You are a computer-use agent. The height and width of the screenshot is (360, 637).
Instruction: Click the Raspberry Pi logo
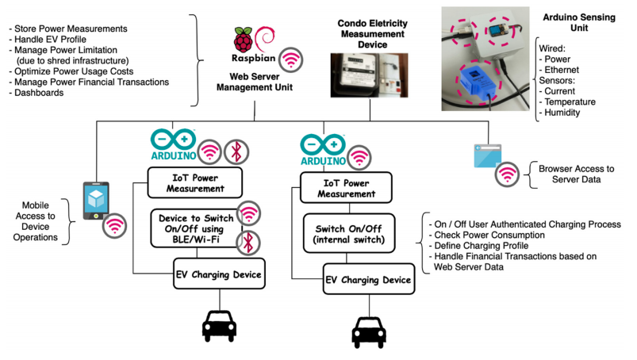coord(243,40)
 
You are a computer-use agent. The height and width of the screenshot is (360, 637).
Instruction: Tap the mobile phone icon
coord(96,201)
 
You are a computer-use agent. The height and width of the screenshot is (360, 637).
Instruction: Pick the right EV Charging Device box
coord(368,280)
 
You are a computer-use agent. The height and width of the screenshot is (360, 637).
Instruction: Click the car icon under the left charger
coord(218,324)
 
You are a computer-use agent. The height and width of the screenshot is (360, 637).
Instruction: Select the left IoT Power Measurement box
coord(196,184)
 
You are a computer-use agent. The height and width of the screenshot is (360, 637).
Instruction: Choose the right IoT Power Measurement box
coord(347,189)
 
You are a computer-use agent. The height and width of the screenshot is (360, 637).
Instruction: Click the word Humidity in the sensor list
coord(562,113)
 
